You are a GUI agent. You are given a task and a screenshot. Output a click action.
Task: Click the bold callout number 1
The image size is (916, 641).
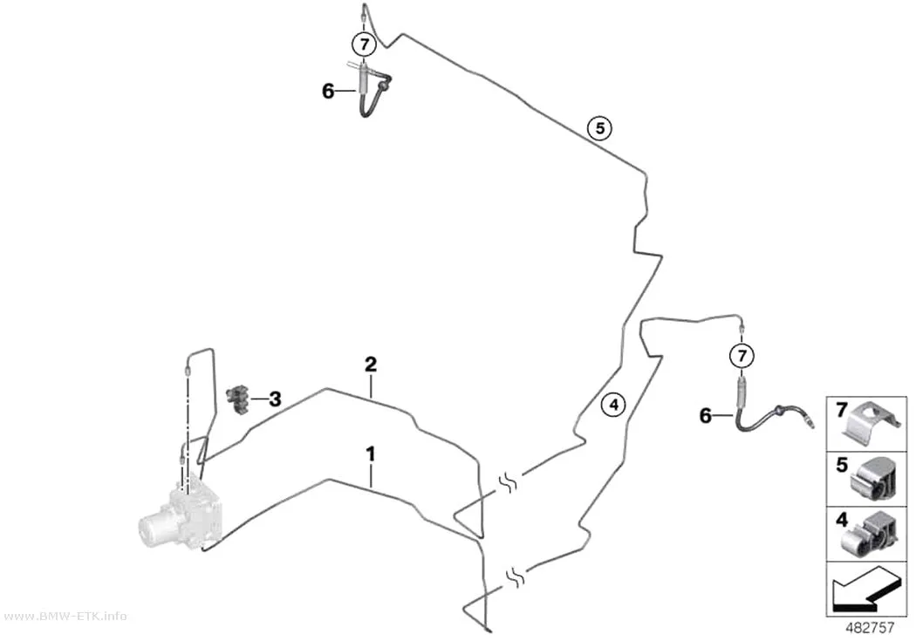371,453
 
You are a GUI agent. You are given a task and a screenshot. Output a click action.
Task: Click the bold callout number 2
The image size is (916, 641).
371,365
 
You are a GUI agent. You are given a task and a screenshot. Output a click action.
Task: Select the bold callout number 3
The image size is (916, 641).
275,399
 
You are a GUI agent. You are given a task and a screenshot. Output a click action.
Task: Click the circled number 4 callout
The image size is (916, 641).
613,404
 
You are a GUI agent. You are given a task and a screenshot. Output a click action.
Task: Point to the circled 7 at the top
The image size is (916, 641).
365,44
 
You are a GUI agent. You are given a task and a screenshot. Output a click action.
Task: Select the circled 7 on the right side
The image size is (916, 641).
742,355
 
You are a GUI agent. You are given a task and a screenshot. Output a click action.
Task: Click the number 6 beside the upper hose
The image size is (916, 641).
328,91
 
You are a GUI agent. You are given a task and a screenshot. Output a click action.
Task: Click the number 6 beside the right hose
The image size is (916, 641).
706,416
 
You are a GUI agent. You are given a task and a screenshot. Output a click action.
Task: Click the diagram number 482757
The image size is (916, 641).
870,628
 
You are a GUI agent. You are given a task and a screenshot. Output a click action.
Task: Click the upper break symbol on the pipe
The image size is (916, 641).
508,483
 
